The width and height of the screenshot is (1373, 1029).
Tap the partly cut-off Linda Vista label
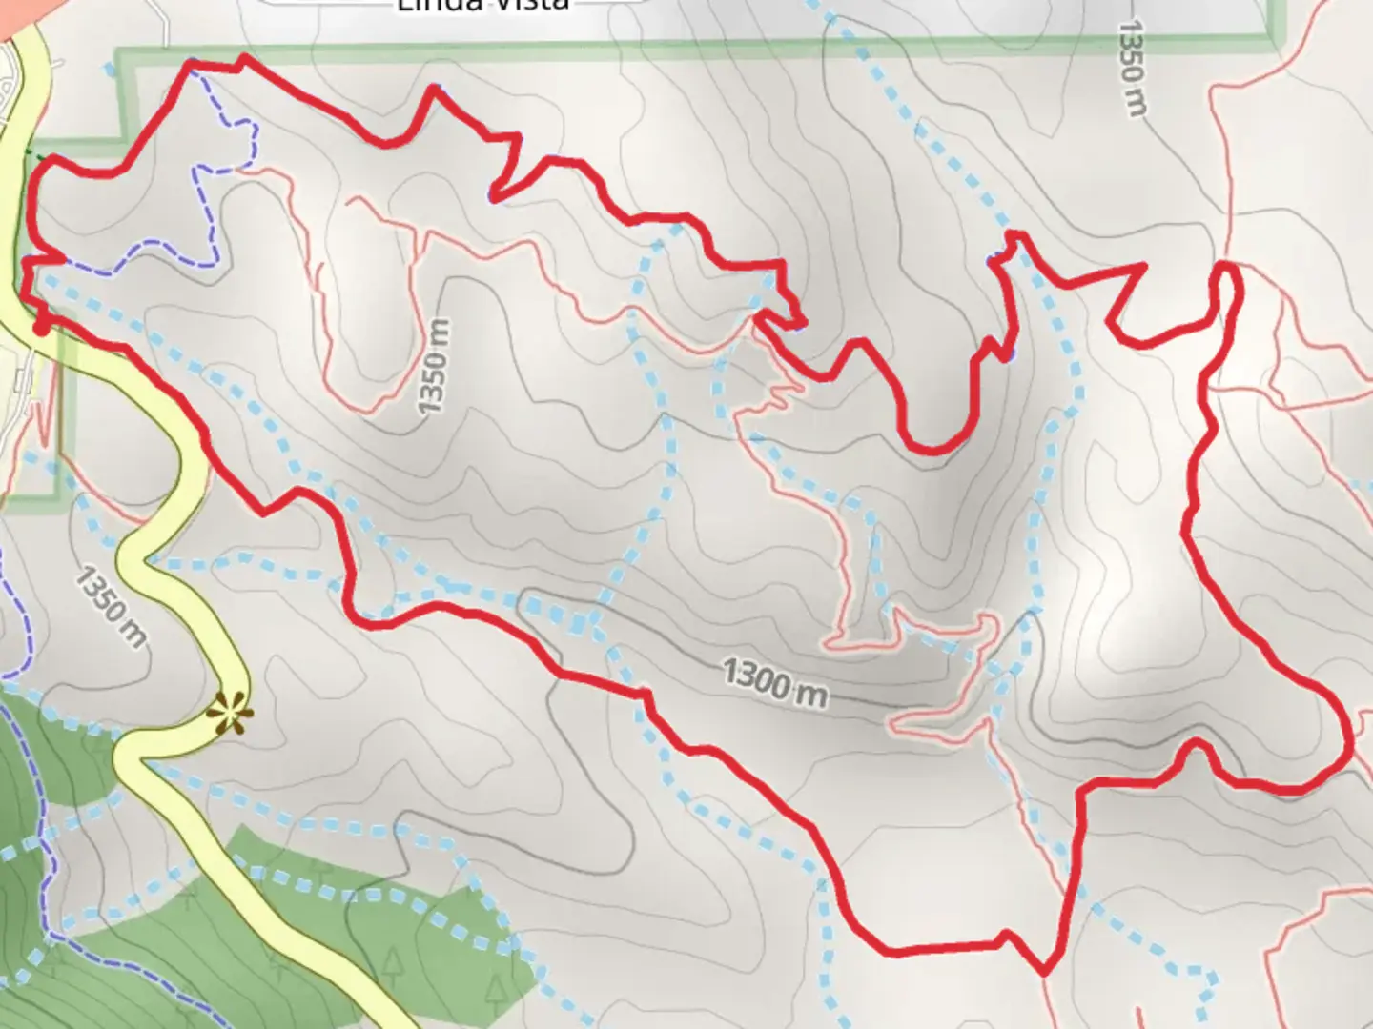point(482,6)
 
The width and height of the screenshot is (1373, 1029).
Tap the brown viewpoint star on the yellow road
point(230,712)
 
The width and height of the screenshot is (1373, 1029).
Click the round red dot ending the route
point(42,327)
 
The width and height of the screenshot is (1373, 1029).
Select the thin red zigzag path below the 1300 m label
point(944,719)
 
